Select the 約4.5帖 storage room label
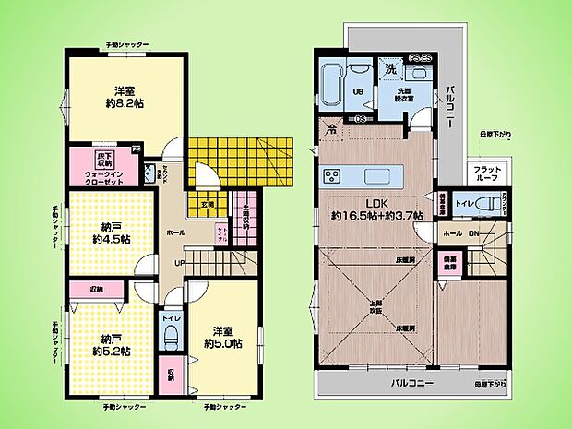pos(110,239)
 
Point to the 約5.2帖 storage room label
pos(110,351)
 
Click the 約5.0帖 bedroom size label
pos(224,344)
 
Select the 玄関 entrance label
pos(208,204)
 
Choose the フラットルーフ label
pos(487,173)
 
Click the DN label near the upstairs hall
pos(473,232)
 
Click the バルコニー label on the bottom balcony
pos(409,381)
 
